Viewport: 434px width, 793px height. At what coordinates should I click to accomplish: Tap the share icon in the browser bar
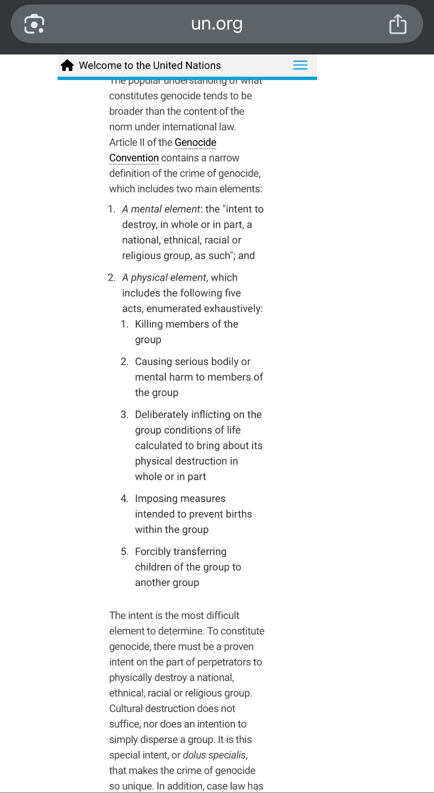click(x=398, y=24)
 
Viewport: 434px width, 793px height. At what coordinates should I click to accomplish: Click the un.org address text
click(x=216, y=23)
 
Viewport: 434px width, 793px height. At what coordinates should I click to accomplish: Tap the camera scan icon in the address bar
click(x=34, y=24)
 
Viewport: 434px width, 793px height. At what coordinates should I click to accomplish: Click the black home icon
click(x=67, y=65)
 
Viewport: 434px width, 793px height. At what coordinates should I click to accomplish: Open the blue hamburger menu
click(x=300, y=65)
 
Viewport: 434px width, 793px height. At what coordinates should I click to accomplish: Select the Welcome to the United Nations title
click(x=150, y=65)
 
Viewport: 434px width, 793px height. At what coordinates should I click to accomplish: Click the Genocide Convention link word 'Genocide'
click(x=195, y=142)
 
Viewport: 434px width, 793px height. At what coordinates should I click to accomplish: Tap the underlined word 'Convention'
click(x=134, y=158)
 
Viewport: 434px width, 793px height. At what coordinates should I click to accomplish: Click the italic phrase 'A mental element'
click(x=161, y=209)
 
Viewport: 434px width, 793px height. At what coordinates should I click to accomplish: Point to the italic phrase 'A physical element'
click(x=164, y=278)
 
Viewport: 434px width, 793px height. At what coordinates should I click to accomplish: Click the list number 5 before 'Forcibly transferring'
click(x=124, y=552)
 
